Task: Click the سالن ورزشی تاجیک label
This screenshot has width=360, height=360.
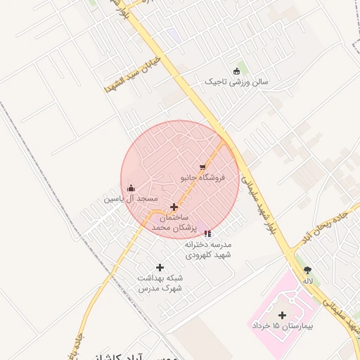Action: click(236, 82)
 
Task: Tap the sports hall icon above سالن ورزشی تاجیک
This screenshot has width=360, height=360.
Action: click(236, 70)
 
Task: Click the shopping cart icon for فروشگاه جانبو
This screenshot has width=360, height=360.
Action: click(202, 167)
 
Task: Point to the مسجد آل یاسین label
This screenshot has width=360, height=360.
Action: click(130, 199)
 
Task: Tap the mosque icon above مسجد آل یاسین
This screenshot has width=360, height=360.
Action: click(131, 188)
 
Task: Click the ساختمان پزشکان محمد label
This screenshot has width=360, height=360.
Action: click(173, 224)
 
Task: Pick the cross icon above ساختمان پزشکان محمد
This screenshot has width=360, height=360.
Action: click(174, 207)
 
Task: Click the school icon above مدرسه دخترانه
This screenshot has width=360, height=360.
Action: click(207, 233)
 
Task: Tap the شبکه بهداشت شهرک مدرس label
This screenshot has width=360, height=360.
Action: click(160, 283)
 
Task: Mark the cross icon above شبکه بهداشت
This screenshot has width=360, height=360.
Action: click(160, 267)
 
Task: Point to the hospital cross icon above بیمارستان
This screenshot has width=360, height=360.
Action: click(283, 315)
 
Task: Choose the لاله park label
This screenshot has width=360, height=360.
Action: click(307, 281)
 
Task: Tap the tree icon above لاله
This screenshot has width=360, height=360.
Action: click(307, 269)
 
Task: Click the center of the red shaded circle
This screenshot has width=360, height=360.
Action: click(180, 179)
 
